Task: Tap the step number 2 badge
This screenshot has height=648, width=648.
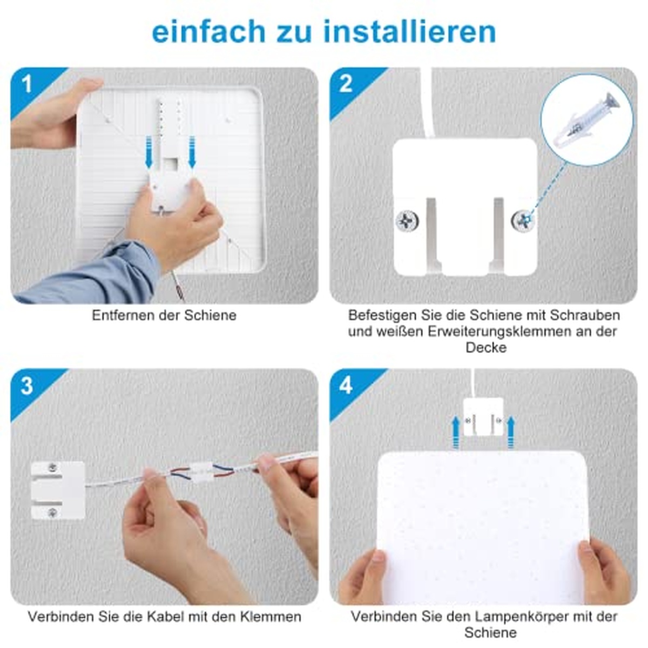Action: click(x=346, y=84)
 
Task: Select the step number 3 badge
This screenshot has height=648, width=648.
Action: click(x=27, y=386)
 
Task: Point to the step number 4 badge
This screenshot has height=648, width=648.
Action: click(x=346, y=386)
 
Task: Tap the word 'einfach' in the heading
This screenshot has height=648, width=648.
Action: click(x=209, y=32)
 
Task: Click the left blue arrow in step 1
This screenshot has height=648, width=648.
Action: click(x=149, y=152)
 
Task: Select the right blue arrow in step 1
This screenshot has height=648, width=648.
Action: click(x=192, y=152)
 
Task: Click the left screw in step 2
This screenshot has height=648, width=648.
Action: click(x=407, y=221)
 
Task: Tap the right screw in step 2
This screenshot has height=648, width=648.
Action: click(x=523, y=221)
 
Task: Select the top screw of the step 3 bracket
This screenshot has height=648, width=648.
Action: click(x=52, y=467)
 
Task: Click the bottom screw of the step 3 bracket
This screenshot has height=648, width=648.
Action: click(x=52, y=512)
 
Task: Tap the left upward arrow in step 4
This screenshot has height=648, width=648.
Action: click(x=456, y=432)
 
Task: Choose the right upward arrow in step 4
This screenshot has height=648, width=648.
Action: click(x=511, y=432)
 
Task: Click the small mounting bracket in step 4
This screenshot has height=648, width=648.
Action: click(x=483, y=417)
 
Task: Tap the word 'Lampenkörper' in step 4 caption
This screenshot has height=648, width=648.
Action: click(x=520, y=617)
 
